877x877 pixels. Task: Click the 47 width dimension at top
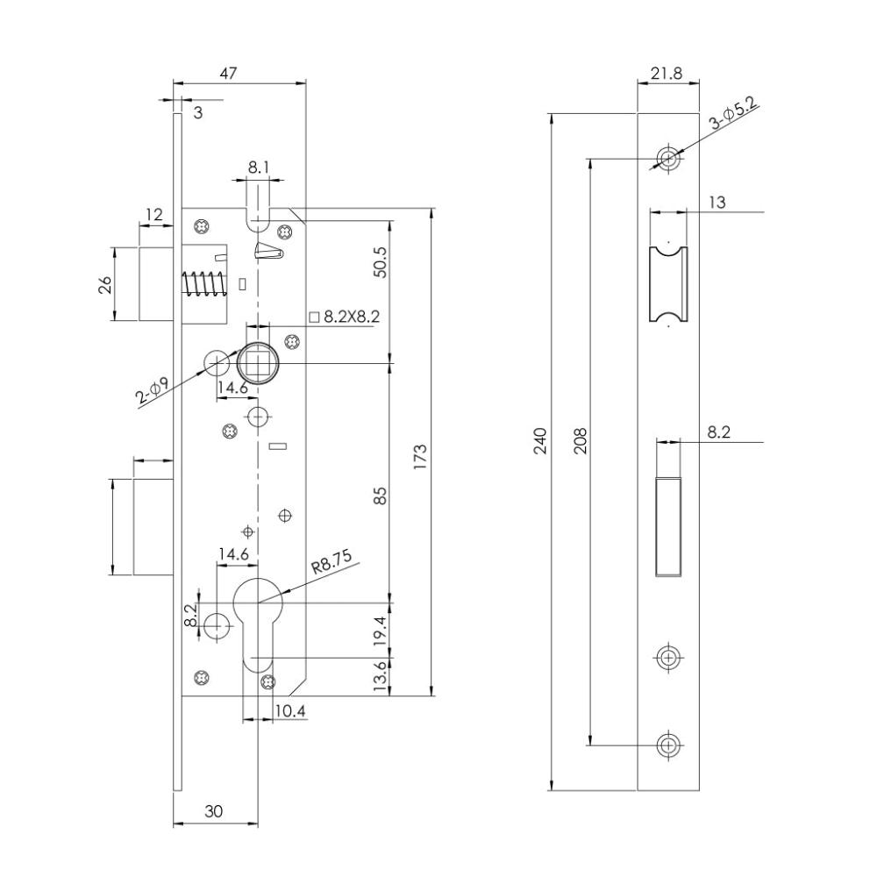228,74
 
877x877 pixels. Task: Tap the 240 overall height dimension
541,441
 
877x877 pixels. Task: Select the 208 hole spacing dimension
581,441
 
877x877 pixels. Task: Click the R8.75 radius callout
332,561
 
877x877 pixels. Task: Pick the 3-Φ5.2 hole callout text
732,113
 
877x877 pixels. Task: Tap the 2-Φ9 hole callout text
152,390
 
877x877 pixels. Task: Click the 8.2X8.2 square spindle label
345,317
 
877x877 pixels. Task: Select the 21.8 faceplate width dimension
667,74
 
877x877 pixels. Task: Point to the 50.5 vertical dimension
380,261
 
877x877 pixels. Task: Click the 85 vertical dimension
380,496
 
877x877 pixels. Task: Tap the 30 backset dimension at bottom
214,811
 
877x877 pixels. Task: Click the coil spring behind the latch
204,283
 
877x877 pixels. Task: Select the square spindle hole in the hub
258,363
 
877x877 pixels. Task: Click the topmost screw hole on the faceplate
667,158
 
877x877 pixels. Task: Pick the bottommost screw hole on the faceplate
667,745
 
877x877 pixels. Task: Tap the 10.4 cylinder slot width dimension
290,711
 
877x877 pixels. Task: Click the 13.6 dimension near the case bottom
380,675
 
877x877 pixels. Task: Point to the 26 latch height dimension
106,284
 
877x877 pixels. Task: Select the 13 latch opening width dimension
717,202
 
